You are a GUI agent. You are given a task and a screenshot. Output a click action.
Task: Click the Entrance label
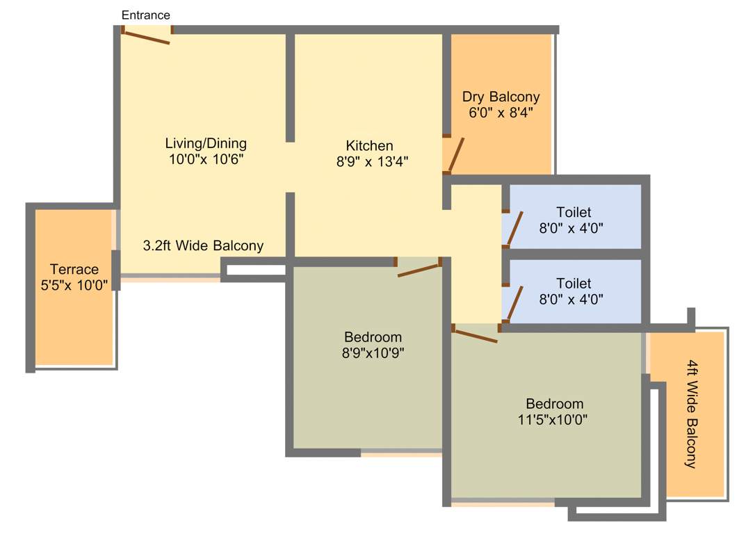145,15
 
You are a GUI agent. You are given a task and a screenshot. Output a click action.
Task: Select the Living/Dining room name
206,144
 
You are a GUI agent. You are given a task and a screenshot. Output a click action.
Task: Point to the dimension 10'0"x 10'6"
206,159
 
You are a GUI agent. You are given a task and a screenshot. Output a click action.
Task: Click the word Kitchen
369,146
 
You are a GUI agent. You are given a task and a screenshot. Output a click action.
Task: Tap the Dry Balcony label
501,97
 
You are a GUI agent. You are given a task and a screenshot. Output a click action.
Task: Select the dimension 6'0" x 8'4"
501,111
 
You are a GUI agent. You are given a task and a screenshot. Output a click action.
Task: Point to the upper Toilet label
574,212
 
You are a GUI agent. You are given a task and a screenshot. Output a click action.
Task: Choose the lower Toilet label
574,284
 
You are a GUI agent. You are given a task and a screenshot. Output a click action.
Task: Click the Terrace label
74,270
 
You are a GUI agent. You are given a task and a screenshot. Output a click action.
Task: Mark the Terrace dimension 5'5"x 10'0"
74,284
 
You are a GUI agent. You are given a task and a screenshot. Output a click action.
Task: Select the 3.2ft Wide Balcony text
203,245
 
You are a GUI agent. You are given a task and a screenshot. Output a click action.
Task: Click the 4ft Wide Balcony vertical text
691,414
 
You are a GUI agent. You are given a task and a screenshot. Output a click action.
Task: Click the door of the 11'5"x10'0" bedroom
475,335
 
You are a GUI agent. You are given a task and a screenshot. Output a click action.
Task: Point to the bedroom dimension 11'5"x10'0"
554,419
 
